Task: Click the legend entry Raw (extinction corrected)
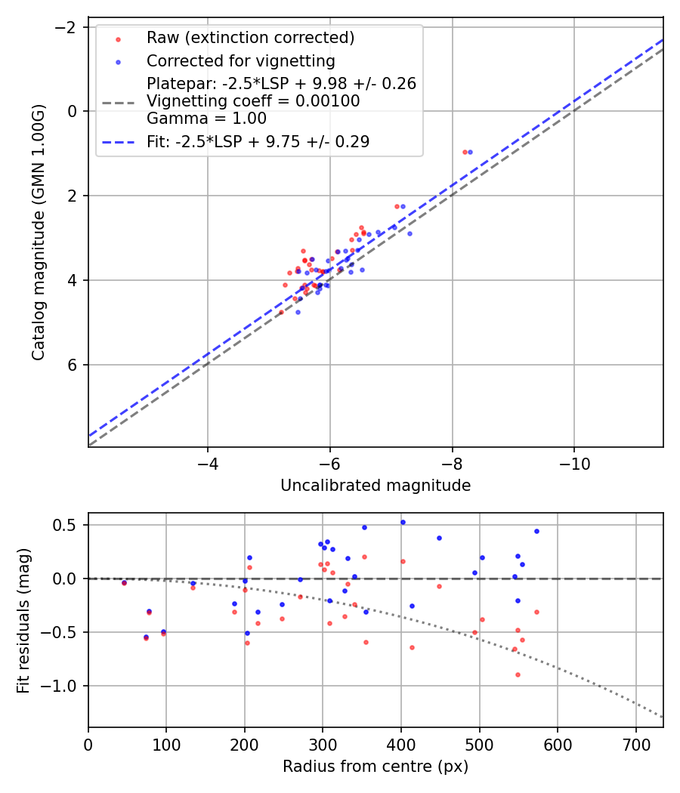tap(250, 38)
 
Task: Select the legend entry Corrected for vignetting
tap(240, 60)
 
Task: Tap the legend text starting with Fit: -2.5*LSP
tap(258, 142)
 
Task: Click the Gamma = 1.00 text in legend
tap(206, 118)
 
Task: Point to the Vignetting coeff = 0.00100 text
tap(253, 101)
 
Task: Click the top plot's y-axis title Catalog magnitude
tap(39, 232)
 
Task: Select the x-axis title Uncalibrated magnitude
tap(376, 486)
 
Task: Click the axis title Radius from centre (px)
tap(376, 767)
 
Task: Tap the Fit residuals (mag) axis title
tap(23, 620)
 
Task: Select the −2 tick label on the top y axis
tap(68, 27)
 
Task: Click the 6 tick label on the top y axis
tap(73, 365)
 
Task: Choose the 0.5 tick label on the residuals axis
tap(67, 525)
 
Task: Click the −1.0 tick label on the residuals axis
tap(63, 686)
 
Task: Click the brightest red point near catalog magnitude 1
tap(465, 152)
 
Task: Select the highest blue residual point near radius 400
tap(403, 522)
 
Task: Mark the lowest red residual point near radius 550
tap(518, 674)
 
